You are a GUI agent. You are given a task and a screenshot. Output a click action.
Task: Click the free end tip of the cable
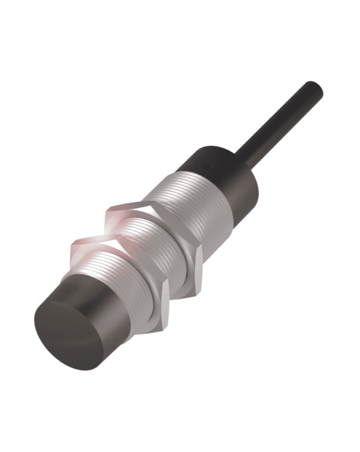click(x=314, y=88)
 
